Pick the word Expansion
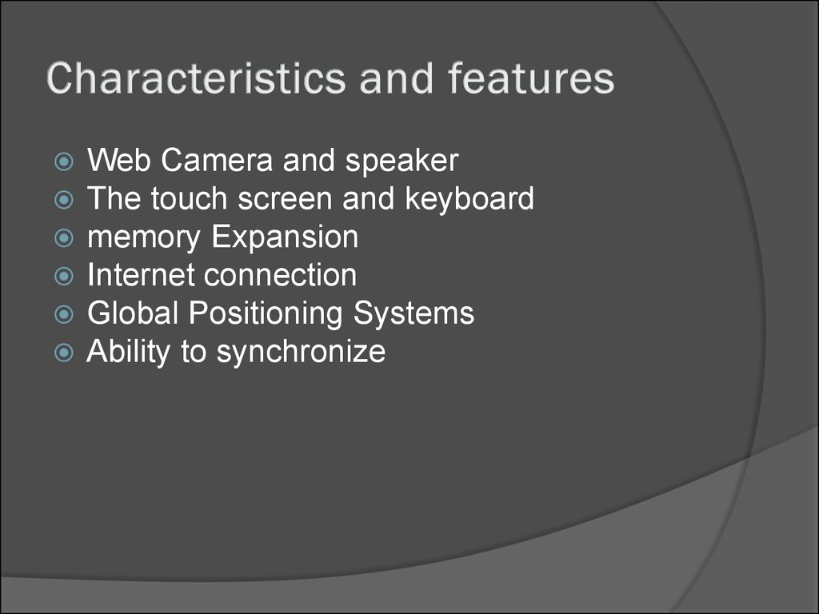[286, 238]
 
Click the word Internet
[141, 276]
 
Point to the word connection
[280, 276]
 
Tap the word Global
[133, 313]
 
